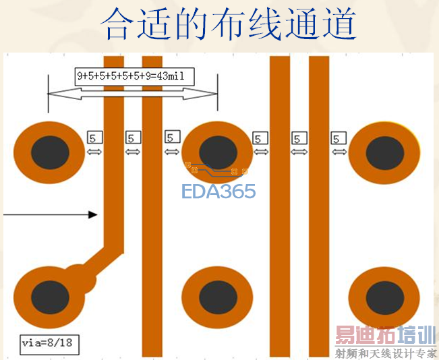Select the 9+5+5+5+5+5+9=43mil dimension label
pyautogui.click(x=134, y=76)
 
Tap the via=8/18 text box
pyautogui.click(x=50, y=344)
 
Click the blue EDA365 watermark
pyautogui.click(x=218, y=191)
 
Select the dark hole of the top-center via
pyautogui.click(x=217, y=152)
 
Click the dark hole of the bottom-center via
pyautogui.click(x=217, y=298)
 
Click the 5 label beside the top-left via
pyautogui.click(x=94, y=138)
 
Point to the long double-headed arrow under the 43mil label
pyautogui.click(x=133, y=95)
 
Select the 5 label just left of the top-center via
pyautogui.click(x=173, y=138)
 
